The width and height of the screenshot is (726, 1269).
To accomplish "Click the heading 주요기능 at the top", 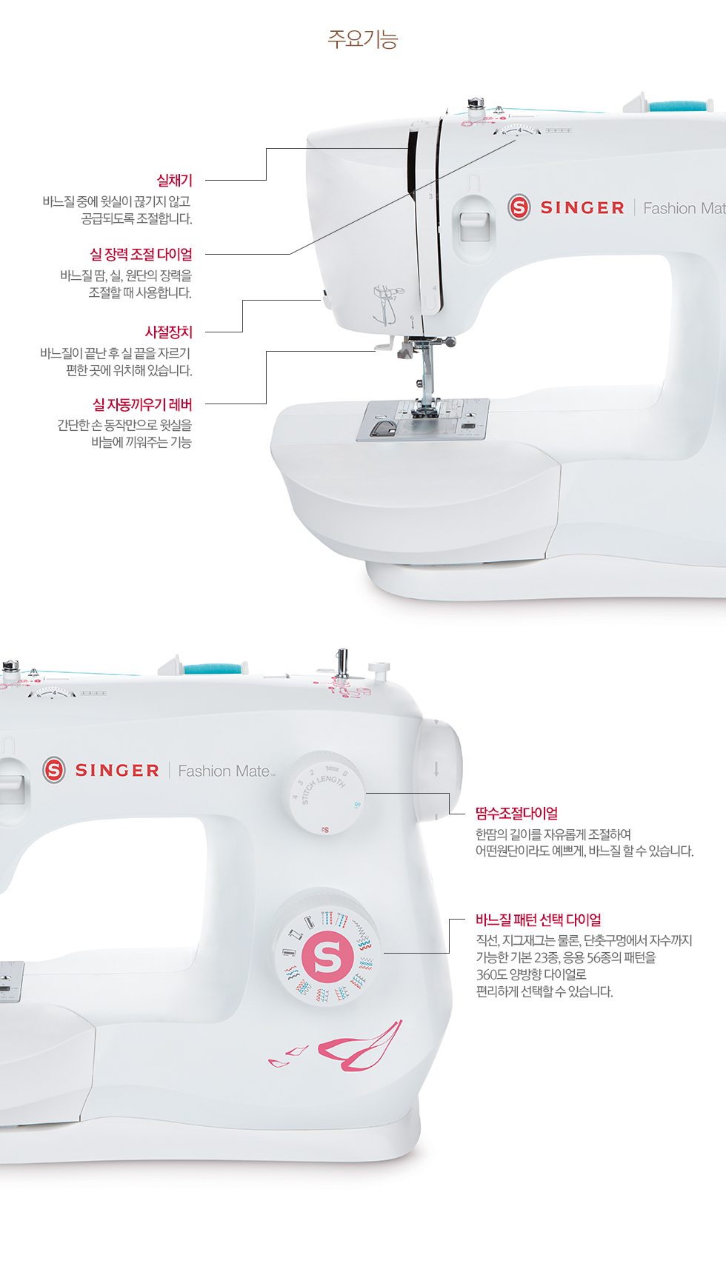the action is pos(363,39).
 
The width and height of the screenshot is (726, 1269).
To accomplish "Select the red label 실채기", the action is pos(175,181).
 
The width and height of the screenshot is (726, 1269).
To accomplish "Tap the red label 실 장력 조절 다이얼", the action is pos(141,255).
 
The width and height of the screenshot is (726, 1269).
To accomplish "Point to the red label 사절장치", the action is pos(168,332).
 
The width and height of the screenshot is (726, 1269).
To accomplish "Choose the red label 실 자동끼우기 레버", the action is pos(142,404).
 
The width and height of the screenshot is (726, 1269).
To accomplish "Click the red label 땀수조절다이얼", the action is pos(517,814).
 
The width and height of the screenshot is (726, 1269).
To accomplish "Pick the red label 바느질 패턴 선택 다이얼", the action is pos(539,920).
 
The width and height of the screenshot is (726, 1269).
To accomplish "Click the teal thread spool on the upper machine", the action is pos(679,106).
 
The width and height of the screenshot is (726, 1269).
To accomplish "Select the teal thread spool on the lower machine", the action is pos(214,669).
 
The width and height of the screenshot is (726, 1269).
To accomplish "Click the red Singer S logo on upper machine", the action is pos(519,207).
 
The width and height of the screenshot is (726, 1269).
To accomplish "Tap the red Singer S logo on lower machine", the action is pos(54,770).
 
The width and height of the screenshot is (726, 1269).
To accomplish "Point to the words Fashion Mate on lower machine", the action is pos(225,771).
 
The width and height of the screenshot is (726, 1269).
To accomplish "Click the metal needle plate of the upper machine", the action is pos(422,420).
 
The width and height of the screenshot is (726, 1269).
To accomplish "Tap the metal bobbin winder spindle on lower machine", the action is pos(342,662).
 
